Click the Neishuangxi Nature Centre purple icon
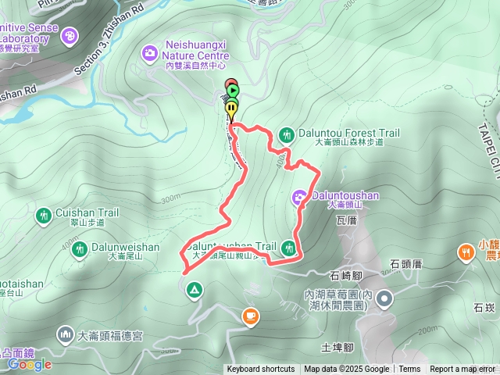coord(148,53)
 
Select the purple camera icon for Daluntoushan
coord(300,196)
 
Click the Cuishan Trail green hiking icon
coord(45,213)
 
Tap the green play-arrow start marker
coord(233,90)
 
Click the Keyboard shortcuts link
coord(261,370)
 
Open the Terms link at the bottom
coord(409,370)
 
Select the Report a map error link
coord(462,370)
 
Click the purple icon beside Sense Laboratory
coord(71,35)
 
